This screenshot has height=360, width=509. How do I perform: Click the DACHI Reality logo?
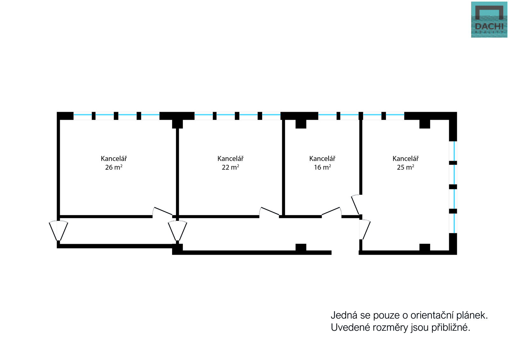point(489,20)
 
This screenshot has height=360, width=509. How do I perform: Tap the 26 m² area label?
point(114,167)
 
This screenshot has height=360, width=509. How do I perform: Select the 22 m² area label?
point(230,167)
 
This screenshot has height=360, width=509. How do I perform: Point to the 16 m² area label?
point(322,167)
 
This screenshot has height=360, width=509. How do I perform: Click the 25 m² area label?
point(405,167)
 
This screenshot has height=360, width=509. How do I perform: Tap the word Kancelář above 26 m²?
point(114,159)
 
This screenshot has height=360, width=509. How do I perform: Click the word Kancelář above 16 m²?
point(322,159)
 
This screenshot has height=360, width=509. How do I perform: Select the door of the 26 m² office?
point(163,212)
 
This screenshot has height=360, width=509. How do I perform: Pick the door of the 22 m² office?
point(269,212)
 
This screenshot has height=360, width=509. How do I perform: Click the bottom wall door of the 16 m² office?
point(331,212)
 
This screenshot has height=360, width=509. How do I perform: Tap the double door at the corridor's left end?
point(58,231)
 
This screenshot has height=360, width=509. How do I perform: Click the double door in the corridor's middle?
point(178,231)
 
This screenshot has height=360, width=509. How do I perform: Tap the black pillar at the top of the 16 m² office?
point(301,124)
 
